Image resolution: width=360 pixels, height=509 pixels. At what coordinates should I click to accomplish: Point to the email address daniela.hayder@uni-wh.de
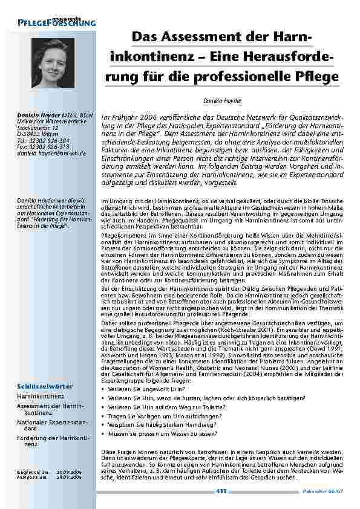point(51,154)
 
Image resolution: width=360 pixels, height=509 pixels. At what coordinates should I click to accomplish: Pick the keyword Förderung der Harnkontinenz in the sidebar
point(53,423)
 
